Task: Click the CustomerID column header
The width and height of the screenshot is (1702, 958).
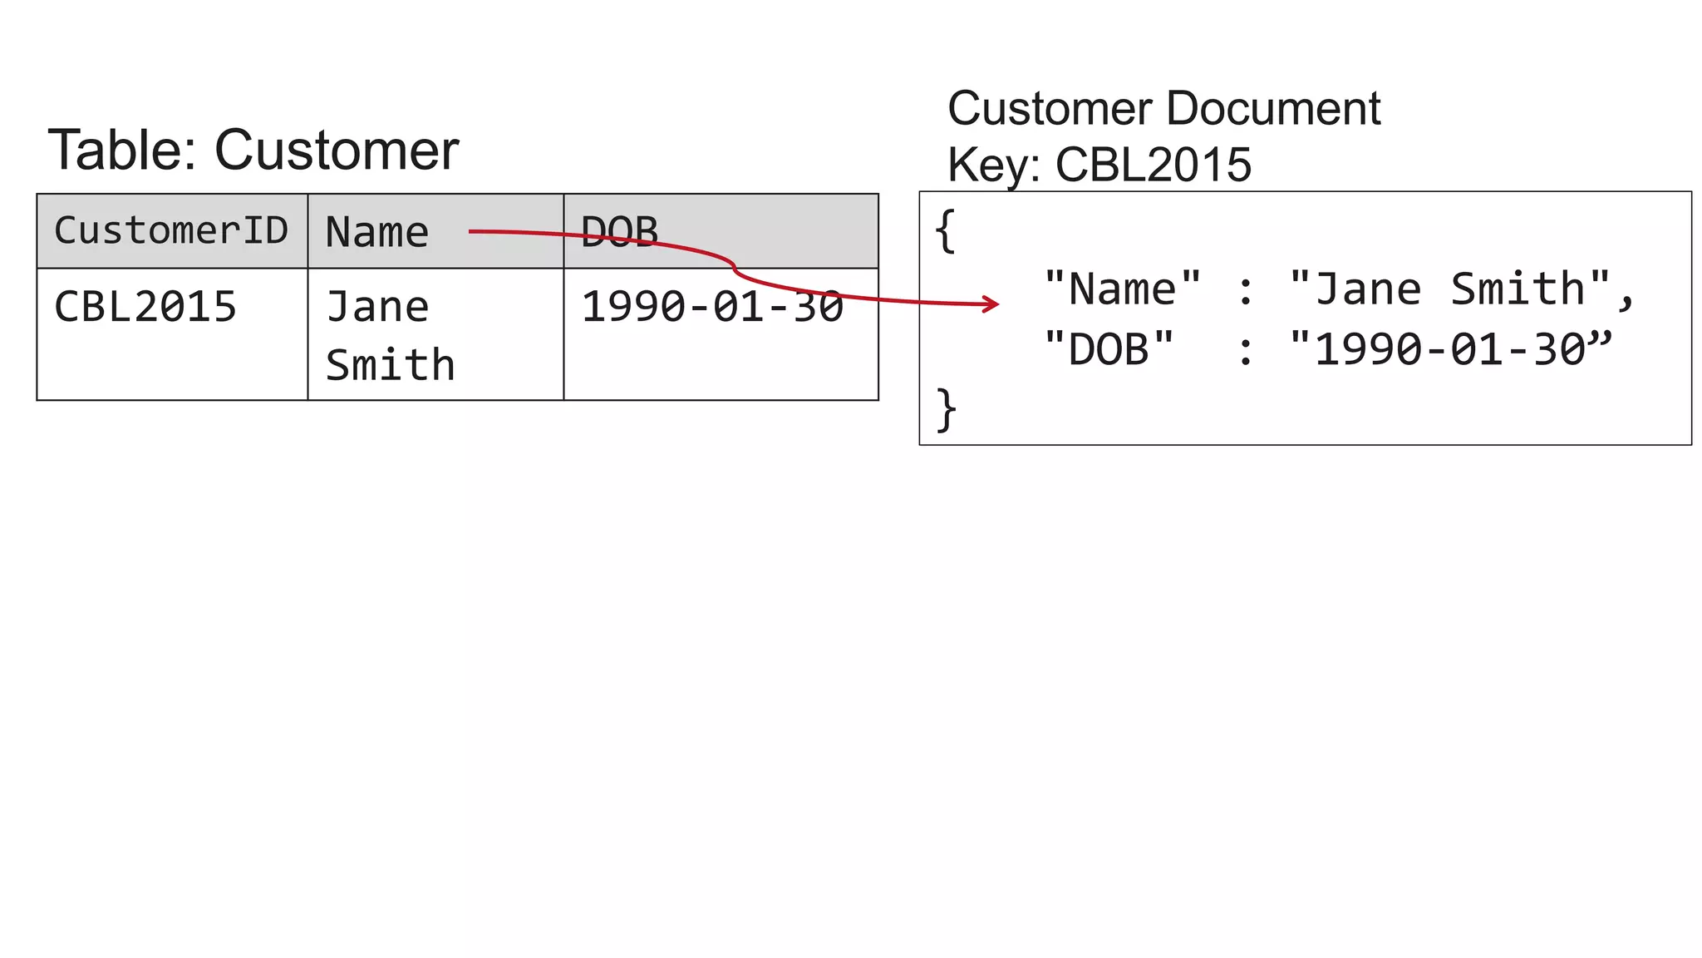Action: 171,230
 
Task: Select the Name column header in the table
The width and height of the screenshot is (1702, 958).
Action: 376,232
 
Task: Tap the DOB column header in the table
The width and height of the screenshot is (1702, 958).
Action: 619,231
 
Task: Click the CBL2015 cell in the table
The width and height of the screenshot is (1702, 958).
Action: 145,307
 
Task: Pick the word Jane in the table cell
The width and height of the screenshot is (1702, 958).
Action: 377,307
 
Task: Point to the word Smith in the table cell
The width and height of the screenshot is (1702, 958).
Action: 390,365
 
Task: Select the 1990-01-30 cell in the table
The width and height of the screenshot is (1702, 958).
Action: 712,307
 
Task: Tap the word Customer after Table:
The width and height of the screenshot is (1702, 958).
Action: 337,151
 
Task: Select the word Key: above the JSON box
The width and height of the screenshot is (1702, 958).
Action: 993,165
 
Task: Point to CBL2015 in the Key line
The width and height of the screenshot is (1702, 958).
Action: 1153,165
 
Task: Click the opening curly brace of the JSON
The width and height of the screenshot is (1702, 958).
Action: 945,230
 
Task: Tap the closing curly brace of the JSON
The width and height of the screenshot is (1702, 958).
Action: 946,409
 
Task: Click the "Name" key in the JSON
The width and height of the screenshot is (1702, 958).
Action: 1122,289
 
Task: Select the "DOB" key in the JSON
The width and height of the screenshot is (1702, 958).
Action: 1109,349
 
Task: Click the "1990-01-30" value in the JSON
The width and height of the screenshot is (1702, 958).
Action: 1449,349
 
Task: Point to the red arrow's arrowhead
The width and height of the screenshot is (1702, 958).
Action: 991,304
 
